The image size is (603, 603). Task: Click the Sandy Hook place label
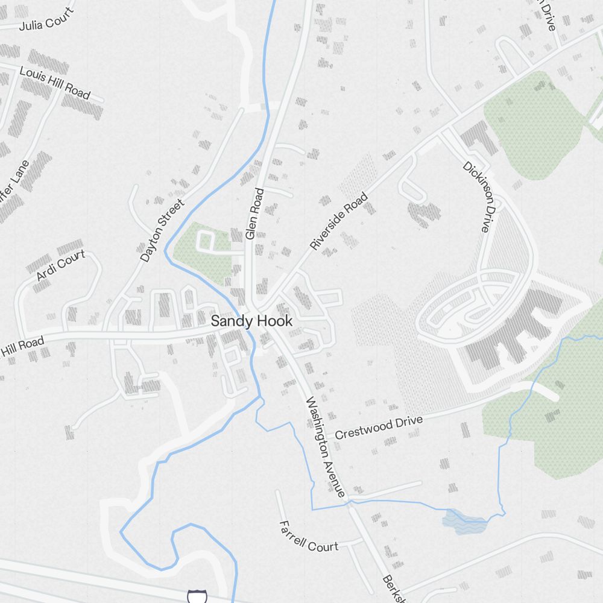pyautogui.click(x=251, y=321)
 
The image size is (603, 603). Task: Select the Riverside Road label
pyautogui.click(x=338, y=221)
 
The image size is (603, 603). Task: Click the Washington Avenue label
pyautogui.click(x=326, y=447)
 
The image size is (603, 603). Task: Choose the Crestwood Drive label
pyautogui.click(x=379, y=427)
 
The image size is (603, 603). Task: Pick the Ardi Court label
pyautogui.click(x=61, y=266)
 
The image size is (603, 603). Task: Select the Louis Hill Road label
pyautogui.click(x=55, y=83)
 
